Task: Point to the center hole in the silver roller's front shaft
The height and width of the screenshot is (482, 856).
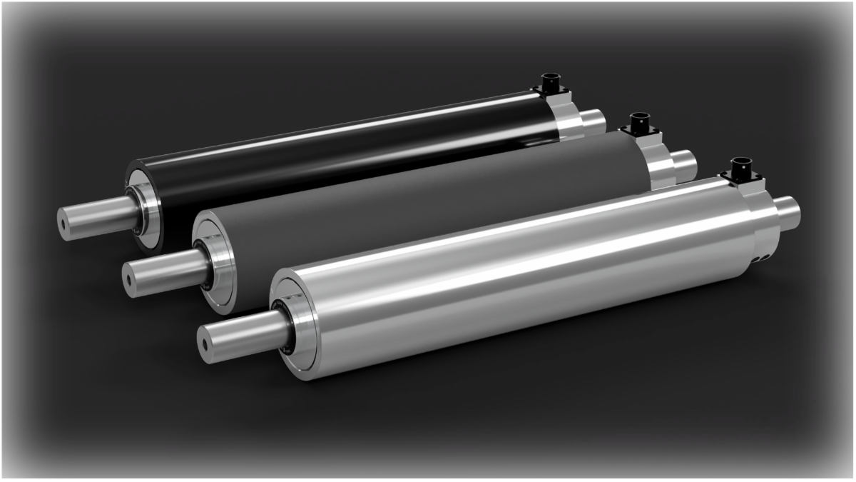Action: click(205, 344)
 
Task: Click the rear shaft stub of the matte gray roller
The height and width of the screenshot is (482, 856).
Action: click(684, 164)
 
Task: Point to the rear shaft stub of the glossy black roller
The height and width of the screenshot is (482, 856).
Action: click(592, 121)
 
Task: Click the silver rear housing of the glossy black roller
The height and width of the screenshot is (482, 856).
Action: click(567, 118)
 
